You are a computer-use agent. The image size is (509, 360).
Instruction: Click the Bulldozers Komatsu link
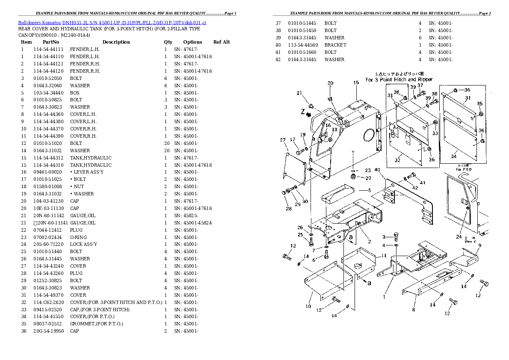(x=39, y=22)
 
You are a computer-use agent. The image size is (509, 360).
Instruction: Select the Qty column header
(x=168, y=42)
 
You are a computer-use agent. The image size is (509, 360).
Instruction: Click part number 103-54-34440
(x=47, y=93)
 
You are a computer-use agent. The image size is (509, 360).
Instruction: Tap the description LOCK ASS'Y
(x=83, y=244)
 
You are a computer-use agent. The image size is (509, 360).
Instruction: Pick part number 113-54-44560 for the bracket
(x=303, y=45)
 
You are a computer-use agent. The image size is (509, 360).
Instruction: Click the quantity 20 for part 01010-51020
(x=166, y=143)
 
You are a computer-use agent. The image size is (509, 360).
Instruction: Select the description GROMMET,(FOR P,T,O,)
(x=96, y=324)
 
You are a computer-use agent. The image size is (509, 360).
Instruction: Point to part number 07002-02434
(x=47, y=237)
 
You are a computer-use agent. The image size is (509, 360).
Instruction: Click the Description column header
(x=116, y=42)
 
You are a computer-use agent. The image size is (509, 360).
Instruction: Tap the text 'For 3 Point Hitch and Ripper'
(x=399, y=80)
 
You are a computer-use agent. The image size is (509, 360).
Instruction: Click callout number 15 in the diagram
(x=356, y=83)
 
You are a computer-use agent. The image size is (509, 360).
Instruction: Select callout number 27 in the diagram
(x=282, y=140)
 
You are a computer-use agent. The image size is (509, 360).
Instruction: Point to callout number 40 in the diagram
(x=377, y=170)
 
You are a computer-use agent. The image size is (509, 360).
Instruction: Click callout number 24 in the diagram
(x=459, y=237)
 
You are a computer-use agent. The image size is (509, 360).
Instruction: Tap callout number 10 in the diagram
(x=308, y=306)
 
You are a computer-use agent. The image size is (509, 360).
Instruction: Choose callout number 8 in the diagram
(x=414, y=309)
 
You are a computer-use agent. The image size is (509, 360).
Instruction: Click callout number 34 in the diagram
(x=454, y=156)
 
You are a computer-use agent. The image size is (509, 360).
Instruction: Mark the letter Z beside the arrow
(x=302, y=112)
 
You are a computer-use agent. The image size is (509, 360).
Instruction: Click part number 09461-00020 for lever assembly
(x=47, y=172)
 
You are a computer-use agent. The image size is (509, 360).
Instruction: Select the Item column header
(x=27, y=42)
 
